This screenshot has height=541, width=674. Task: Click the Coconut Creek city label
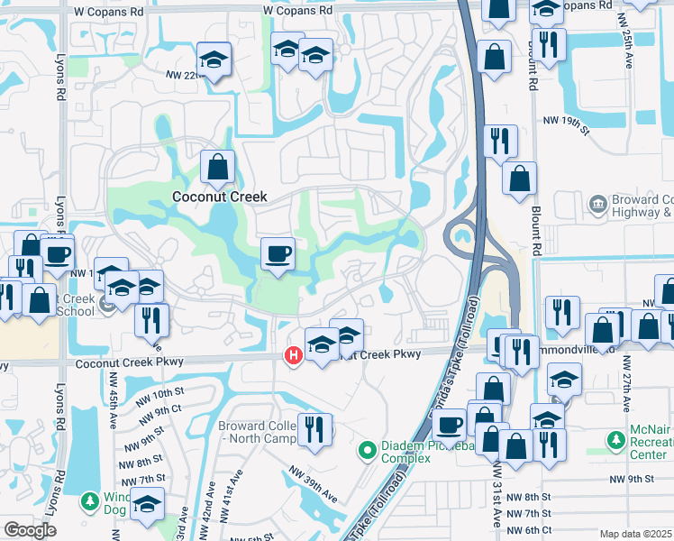[220, 196]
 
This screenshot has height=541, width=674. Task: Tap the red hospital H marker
[293, 356]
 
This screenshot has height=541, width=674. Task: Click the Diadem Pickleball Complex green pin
[368, 448]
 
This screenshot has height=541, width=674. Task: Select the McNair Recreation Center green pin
[616, 441]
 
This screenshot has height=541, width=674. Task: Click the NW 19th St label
[565, 120]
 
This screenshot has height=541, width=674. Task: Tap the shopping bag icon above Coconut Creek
[217, 167]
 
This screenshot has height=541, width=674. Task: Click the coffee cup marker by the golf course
[278, 253]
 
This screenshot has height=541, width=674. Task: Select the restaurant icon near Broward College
[314, 428]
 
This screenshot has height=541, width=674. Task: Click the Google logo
[30, 530]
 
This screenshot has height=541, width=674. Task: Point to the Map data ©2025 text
[635, 534]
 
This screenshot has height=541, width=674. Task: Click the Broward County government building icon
[598, 206]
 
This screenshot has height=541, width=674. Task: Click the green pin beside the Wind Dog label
[90, 500]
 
